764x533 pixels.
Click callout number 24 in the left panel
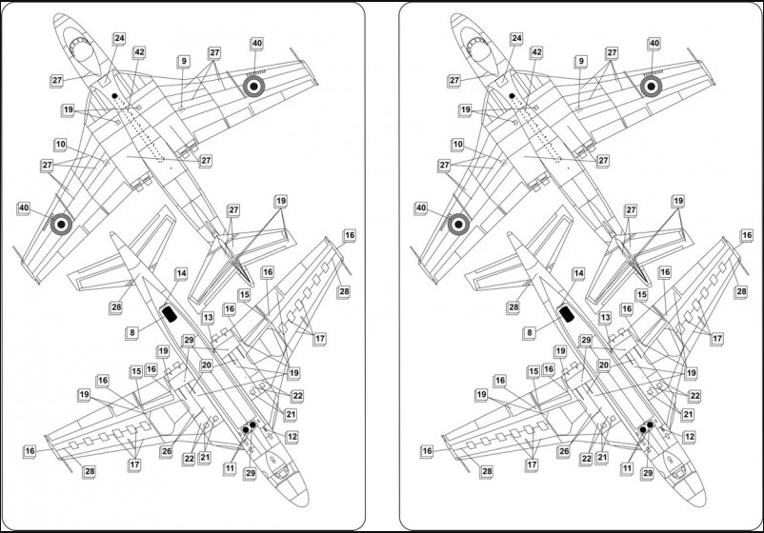pos(119,38)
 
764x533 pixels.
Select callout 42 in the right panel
pos(537,52)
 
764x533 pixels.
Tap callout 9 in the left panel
pos(184,61)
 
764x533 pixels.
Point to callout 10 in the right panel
pos(457,145)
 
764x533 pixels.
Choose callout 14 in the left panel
pos(181,274)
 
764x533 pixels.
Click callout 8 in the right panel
pos(529,333)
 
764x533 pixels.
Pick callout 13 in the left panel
pos(208,318)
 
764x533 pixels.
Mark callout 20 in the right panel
pos(604,365)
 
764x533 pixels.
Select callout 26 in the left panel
pos(167,452)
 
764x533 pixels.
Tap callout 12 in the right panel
pos(689,437)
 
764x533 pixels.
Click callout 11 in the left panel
pos(230,468)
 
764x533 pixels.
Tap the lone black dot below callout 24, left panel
pos(114,96)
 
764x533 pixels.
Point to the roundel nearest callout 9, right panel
pos(651,87)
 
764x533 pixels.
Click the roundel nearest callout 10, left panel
pos(61,224)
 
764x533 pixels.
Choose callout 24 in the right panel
pos(516,38)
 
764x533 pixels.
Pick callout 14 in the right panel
pos(578,274)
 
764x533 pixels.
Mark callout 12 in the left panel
pos(292,437)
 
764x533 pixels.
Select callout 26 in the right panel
pos(564,452)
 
